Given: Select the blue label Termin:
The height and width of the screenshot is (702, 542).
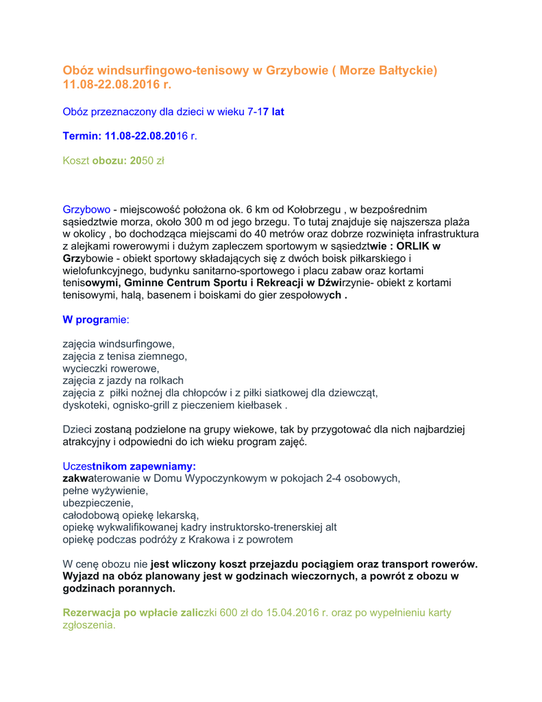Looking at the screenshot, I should [x=82, y=136].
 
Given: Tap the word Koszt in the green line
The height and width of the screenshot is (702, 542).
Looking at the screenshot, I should [x=76, y=161].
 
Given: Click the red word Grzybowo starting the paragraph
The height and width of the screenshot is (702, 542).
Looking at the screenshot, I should [x=86, y=208].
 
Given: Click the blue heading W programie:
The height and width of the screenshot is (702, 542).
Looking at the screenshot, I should [x=95, y=319].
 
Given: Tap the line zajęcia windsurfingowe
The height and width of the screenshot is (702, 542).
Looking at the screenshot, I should [x=119, y=344].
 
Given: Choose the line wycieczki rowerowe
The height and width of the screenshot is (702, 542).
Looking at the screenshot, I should [x=110, y=369].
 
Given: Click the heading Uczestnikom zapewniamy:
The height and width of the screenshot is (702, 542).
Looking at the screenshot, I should [x=129, y=466].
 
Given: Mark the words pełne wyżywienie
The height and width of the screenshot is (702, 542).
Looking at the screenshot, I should [x=106, y=490].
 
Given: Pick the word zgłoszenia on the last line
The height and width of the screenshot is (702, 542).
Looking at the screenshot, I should [x=88, y=625].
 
